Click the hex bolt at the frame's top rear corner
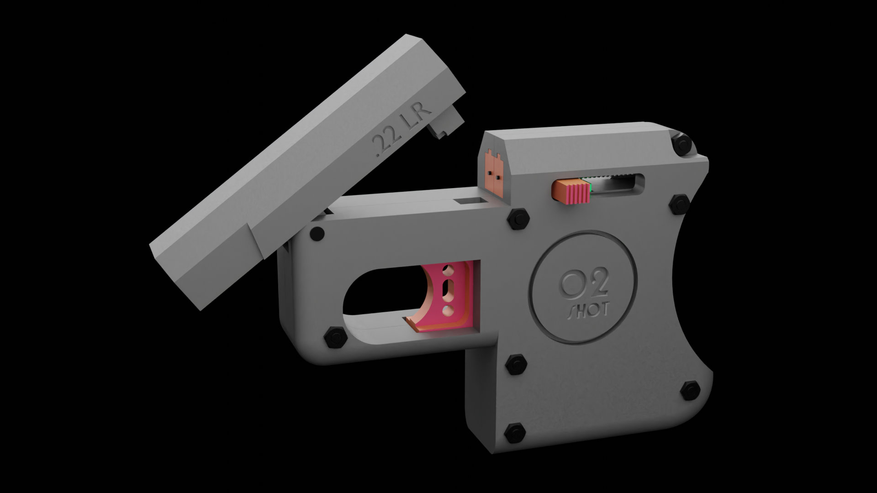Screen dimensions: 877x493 682,144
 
